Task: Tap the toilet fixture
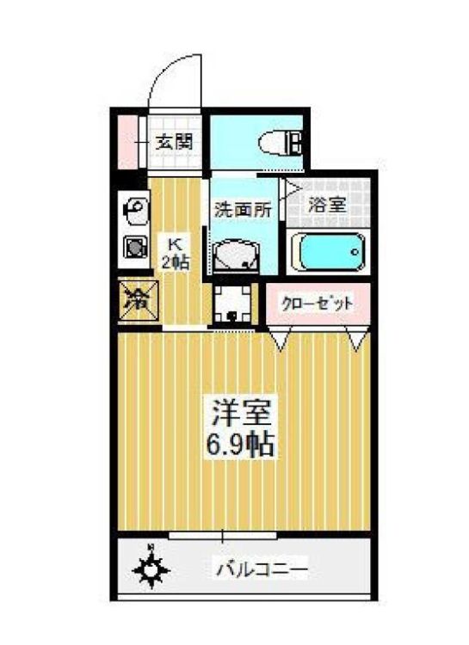[281, 142]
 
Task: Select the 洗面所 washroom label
[243, 208]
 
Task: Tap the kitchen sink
[136, 208]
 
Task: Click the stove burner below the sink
[136, 248]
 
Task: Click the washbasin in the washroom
[235, 255]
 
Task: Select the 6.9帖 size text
[243, 445]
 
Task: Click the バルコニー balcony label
[262, 568]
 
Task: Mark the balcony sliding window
[224, 535]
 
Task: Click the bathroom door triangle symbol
[293, 188]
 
